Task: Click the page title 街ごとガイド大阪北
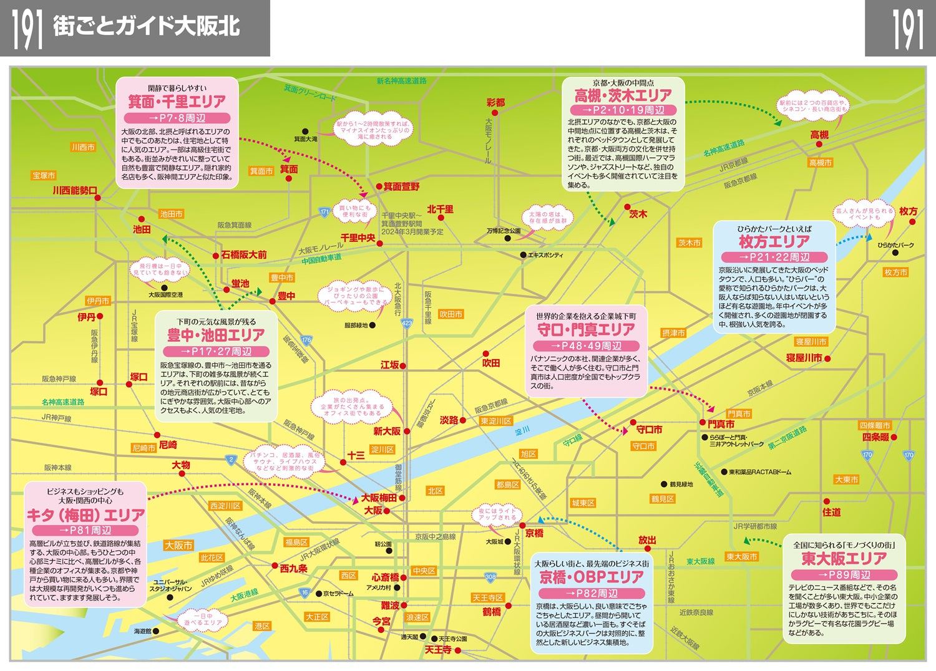coord(146,27)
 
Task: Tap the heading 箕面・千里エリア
coord(177,101)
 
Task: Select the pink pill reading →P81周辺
coord(85,530)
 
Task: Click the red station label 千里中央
coord(358,238)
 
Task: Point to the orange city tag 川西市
coord(83,148)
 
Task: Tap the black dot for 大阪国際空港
coord(164,287)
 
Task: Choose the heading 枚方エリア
coord(774,241)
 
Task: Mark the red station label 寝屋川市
coord(804,358)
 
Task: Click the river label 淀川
coord(522,430)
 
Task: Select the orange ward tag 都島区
coord(508,485)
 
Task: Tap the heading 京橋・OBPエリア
coord(591,577)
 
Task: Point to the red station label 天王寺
coord(437,650)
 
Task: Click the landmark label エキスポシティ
coord(545,255)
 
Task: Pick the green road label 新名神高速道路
coord(401,80)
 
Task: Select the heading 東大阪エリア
coord(844,558)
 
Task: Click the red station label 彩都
coord(495,102)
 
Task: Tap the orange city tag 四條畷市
coord(875,425)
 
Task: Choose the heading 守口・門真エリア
coord(586,329)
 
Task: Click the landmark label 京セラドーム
coord(338,594)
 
